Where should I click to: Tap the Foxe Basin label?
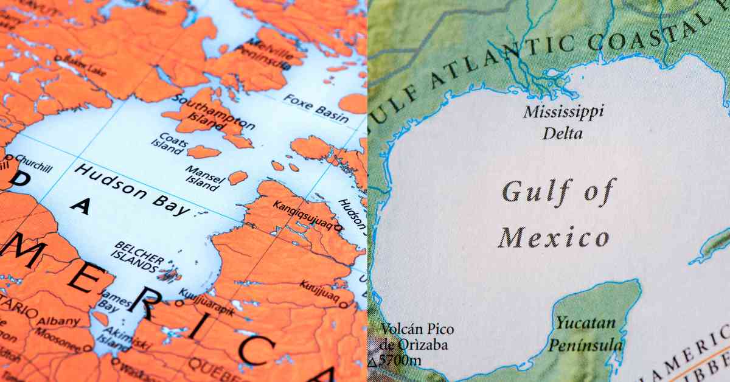(316, 108)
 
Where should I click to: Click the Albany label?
(58, 321)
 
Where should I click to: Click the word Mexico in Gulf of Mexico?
(554, 237)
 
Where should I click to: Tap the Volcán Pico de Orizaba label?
(417, 337)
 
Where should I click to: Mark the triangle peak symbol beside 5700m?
(372, 363)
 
